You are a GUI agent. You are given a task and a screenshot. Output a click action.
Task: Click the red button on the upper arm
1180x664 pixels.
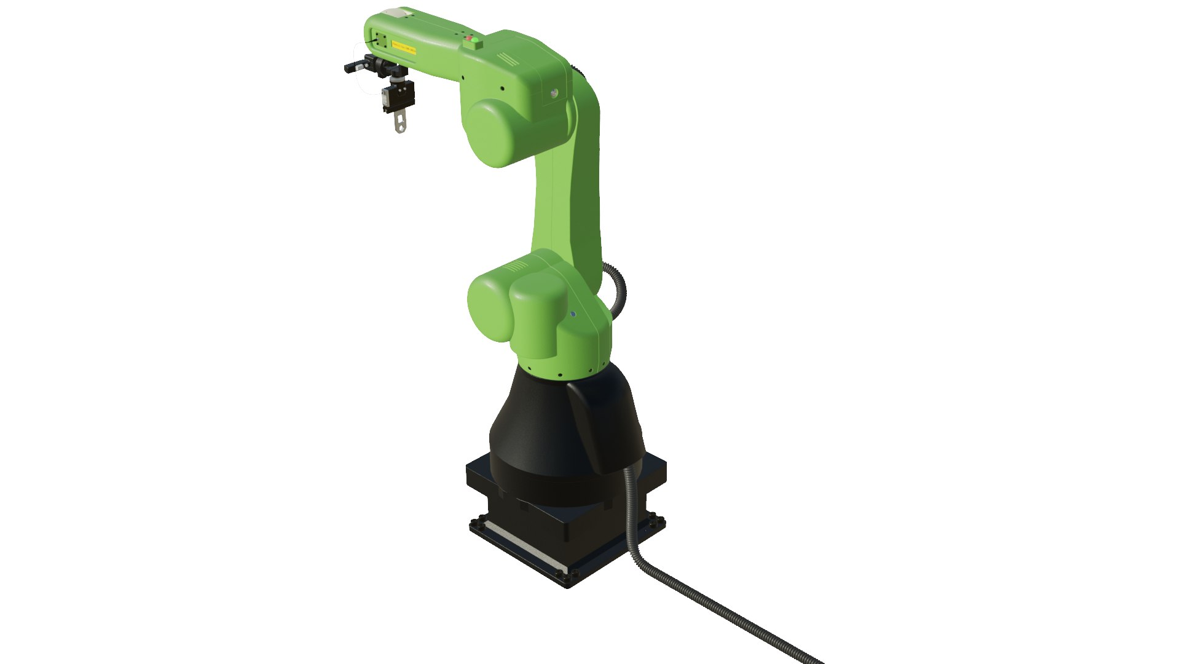(x=470, y=41)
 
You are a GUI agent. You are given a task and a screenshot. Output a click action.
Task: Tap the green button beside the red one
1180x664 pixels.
(x=475, y=41)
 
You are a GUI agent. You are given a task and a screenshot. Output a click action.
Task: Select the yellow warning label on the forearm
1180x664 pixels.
(x=404, y=49)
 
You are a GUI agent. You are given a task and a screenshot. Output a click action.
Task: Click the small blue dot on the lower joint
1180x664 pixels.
(x=573, y=314)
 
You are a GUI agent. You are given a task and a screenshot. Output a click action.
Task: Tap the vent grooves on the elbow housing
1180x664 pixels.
(x=508, y=58)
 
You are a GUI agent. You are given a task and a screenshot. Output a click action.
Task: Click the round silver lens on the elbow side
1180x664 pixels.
(x=554, y=93)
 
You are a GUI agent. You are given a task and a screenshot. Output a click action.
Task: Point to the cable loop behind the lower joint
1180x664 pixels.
(x=618, y=289)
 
